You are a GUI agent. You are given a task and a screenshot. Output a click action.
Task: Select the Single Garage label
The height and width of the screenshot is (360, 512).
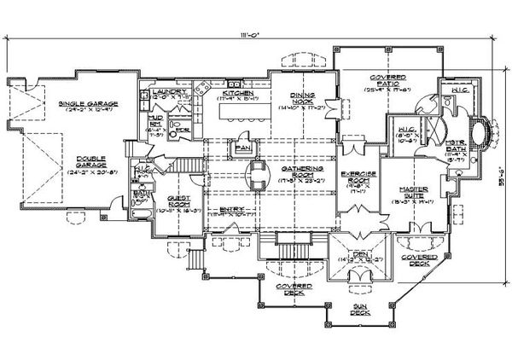pos(88,103)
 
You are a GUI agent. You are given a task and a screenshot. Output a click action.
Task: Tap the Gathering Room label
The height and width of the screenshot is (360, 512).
pos(296,173)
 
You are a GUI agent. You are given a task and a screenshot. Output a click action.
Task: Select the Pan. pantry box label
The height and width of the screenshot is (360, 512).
pos(242,147)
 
